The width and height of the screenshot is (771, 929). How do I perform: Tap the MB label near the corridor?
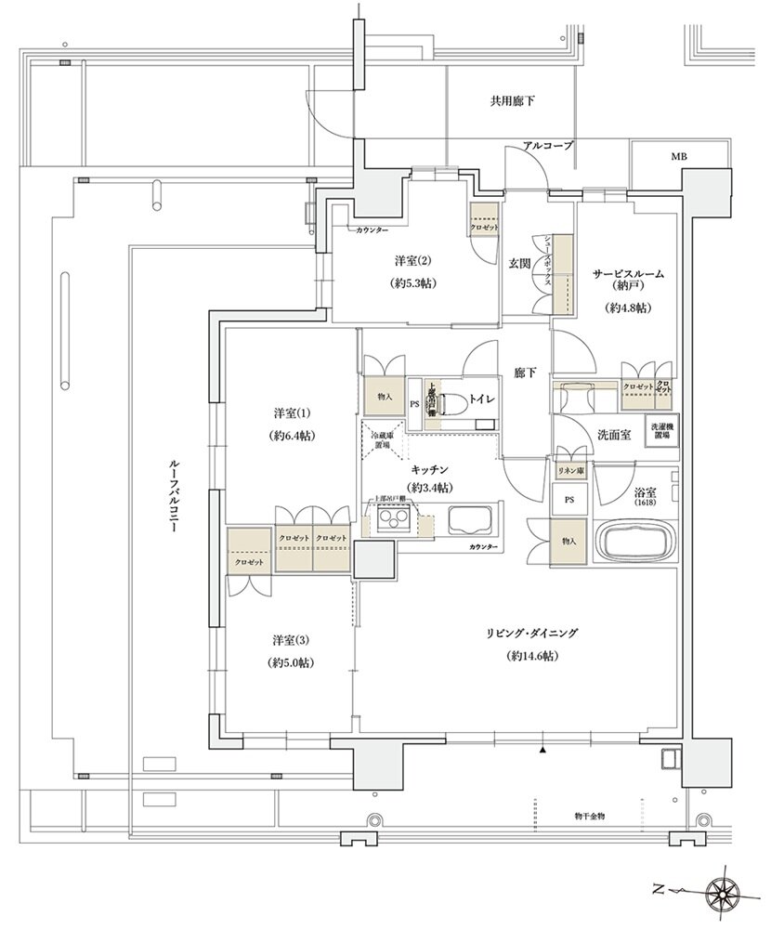point(680,157)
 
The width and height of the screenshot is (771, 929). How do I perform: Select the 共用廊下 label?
point(513,100)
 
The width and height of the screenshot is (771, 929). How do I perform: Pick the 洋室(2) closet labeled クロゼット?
point(485,228)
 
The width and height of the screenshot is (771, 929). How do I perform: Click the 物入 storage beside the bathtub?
point(568,541)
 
